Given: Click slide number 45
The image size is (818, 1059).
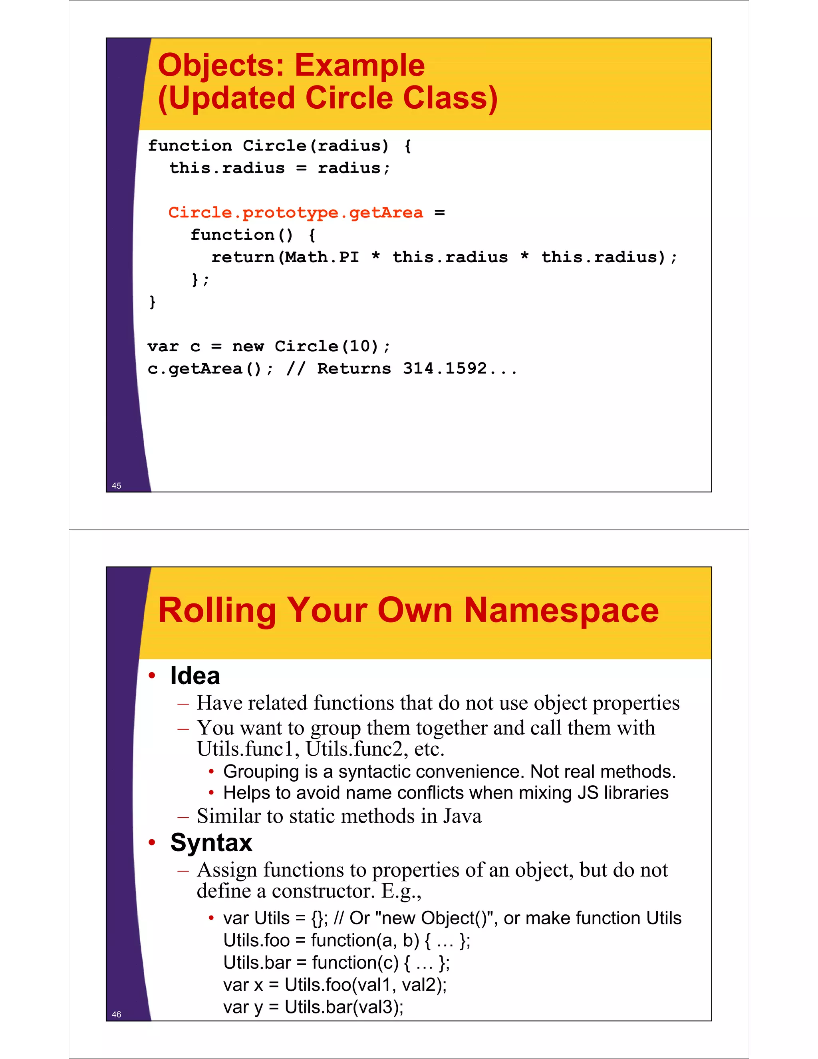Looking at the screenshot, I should click(x=116, y=486).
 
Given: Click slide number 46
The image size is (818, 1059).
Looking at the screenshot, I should click(x=116, y=1014).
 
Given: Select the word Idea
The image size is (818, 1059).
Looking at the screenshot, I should click(x=195, y=675).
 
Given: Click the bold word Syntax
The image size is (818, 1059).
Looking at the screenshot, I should click(x=211, y=842).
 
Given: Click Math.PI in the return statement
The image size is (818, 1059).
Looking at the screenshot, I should click(x=322, y=257).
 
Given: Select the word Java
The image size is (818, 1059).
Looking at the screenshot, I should click(x=463, y=816).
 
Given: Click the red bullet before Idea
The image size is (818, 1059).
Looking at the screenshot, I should click(x=152, y=675).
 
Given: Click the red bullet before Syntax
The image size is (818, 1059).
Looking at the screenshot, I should click(x=152, y=843).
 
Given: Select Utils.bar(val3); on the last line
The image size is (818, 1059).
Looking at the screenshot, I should click(x=343, y=1007).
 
